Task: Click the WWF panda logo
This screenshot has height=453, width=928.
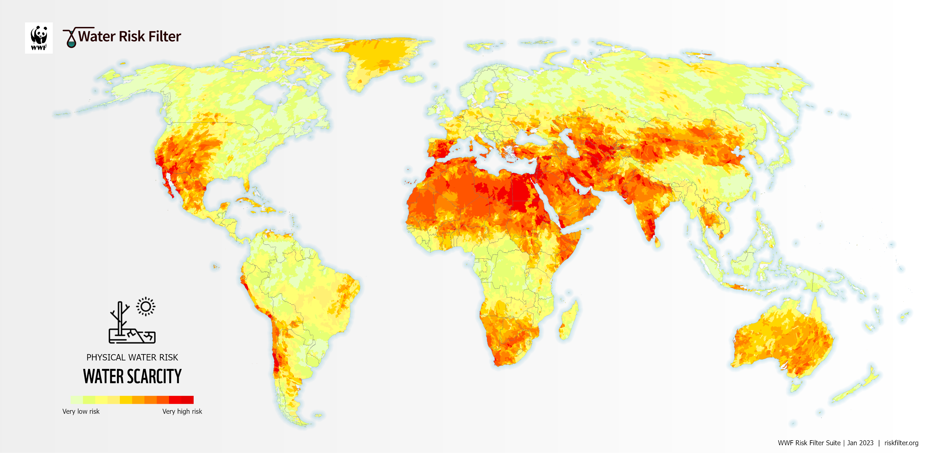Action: tap(39, 38)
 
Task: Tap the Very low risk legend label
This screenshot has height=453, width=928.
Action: tap(81, 411)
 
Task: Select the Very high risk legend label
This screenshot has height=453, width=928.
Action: tap(182, 411)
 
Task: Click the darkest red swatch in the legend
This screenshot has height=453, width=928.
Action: tap(187, 400)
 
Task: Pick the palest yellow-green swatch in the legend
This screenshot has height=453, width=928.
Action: tap(76, 400)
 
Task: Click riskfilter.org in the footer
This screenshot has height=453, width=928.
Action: tap(901, 443)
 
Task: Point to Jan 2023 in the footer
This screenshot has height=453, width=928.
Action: tap(860, 443)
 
